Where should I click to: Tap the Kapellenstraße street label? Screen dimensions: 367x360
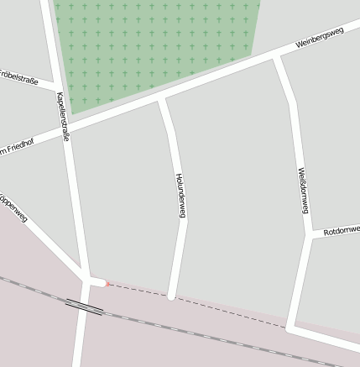coord(62,116)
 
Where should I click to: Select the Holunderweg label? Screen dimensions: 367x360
coord(180,196)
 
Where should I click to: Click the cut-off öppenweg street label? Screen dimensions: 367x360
coord(14,209)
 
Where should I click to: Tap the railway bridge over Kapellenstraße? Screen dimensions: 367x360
coord(84,307)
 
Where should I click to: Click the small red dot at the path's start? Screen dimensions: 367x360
coord(107,284)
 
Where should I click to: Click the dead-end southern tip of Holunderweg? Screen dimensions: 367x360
coord(171,296)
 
